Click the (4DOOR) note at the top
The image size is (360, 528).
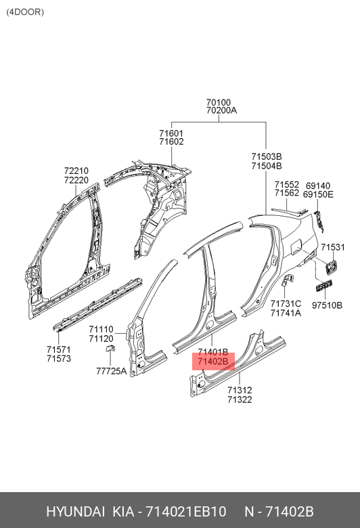pos(25,12)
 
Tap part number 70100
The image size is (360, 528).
pos(219,102)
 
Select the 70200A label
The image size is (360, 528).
pos(221,110)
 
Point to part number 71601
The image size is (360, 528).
pos(171,133)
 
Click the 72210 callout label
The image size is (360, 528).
pos(76,171)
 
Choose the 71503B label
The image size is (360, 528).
pos(267,156)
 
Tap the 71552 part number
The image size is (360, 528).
pos(287,185)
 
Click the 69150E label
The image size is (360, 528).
pos(318,194)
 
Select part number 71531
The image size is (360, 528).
pos(333,247)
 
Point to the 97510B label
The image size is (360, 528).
pos(327,305)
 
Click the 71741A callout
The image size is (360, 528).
pos(286,313)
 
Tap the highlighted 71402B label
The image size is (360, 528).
pos(213,361)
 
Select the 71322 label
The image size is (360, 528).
pos(240,399)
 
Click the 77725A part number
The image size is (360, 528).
pos(112,371)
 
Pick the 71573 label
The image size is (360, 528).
pos(59,358)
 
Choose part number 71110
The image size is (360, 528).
pos(101,330)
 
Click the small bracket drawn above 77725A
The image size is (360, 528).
pos(110,348)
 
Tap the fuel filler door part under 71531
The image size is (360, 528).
pos(330,265)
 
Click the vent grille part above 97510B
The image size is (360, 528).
pos(323,286)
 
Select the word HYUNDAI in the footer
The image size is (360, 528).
pos(75,512)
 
